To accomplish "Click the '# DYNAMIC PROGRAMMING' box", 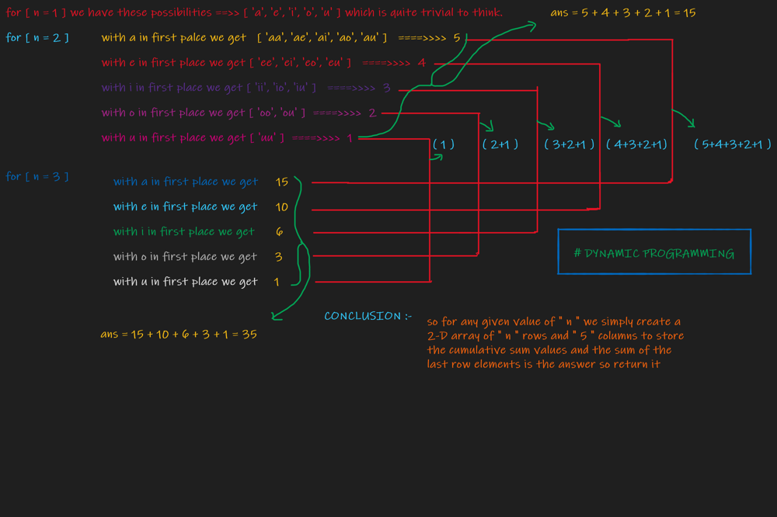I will (x=654, y=252).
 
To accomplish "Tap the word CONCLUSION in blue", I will (x=363, y=316).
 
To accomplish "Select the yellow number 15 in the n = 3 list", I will (x=281, y=182).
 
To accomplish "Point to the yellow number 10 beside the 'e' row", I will (x=281, y=206).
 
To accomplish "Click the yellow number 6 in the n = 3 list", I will (x=280, y=231).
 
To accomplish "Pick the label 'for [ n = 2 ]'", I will (x=37, y=37).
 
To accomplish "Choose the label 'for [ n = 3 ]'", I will (x=37, y=176).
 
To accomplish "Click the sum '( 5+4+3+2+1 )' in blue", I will (x=732, y=144).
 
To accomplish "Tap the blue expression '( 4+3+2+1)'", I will (x=636, y=144).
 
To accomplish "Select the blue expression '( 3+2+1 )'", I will (x=570, y=144).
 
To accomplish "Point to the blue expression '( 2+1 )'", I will (x=500, y=144).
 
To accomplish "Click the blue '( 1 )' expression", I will (x=444, y=144).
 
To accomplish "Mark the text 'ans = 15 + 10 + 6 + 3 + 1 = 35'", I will (x=179, y=335).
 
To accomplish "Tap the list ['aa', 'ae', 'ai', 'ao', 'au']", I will (x=322, y=38).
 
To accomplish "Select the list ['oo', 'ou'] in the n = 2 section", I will (x=277, y=113).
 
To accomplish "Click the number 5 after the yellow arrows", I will (x=457, y=38).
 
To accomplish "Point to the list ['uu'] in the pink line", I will (x=266, y=137).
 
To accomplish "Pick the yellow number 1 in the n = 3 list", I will (x=277, y=281).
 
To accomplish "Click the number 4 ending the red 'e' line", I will (x=422, y=63).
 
